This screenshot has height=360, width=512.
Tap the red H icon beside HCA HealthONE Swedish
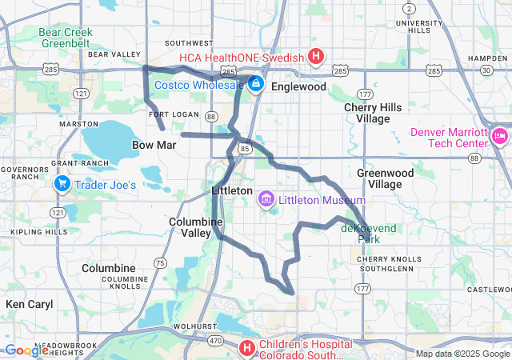[316, 57]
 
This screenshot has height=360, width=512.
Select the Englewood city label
[298, 86]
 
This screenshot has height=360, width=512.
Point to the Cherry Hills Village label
[366, 113]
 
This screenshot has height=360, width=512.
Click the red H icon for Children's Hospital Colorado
[247, 349]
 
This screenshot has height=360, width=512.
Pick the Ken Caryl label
[29, 304]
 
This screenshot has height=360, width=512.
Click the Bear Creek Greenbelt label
[66, 38]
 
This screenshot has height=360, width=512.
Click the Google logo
[26, 350]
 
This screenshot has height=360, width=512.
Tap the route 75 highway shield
[160, 262]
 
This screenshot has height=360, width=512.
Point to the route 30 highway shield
[487, 71]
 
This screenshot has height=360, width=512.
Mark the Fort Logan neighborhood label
[174, 114]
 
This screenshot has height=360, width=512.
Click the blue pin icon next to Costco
[255, 83]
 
